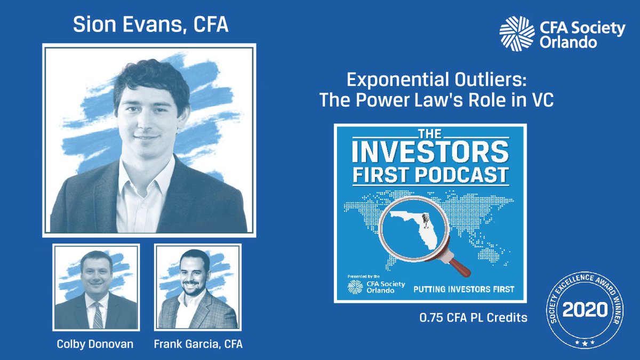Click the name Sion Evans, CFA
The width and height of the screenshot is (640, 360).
point(150,26)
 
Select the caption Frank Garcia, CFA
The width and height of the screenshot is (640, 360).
point(198,344)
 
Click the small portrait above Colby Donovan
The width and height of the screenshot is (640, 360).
point(96,287)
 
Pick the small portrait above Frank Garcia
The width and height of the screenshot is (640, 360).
point(198,287)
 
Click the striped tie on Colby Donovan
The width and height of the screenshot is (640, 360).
point(97,315)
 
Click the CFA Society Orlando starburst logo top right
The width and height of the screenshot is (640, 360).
point(517,34)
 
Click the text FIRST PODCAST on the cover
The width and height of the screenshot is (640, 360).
point(430,174)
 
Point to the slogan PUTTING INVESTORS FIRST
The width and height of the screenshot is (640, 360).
point(464,289)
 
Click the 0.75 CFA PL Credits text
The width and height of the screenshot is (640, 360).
point(473,318)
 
